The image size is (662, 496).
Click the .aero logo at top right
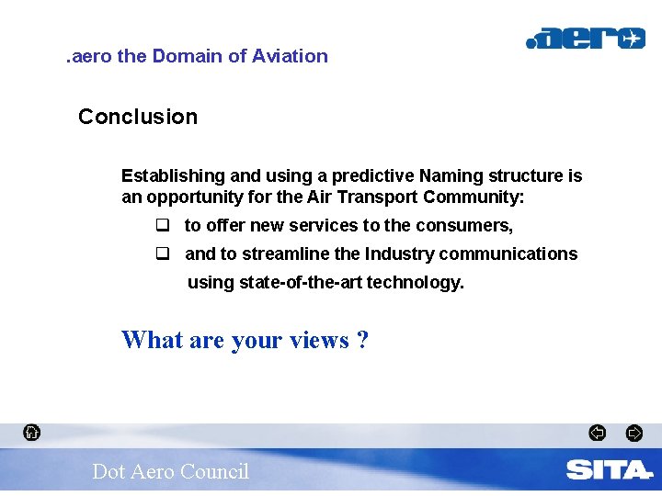click(x=585, y=39)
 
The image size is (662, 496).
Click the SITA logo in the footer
click(x=608, y=470)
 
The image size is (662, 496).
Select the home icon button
click(x=31, y=432)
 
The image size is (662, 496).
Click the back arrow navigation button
click(x=597, y=433)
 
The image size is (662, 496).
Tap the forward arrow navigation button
click(x=633, y=433)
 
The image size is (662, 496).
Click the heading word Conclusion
click(x=138, y=117)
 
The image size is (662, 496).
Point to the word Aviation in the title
click(x=290, y=56)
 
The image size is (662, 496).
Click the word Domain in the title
click(x=188, y=56)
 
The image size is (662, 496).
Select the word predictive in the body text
click(x=372, y=175)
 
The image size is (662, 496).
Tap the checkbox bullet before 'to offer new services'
click(x=163, y=225)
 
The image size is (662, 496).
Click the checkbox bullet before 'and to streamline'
click(x=163, y=254)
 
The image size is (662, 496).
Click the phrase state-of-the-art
click(x=301, y=282)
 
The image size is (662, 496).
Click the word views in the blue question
click(x=319, y=340)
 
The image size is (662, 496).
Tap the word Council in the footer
click(x=214, y=471)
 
